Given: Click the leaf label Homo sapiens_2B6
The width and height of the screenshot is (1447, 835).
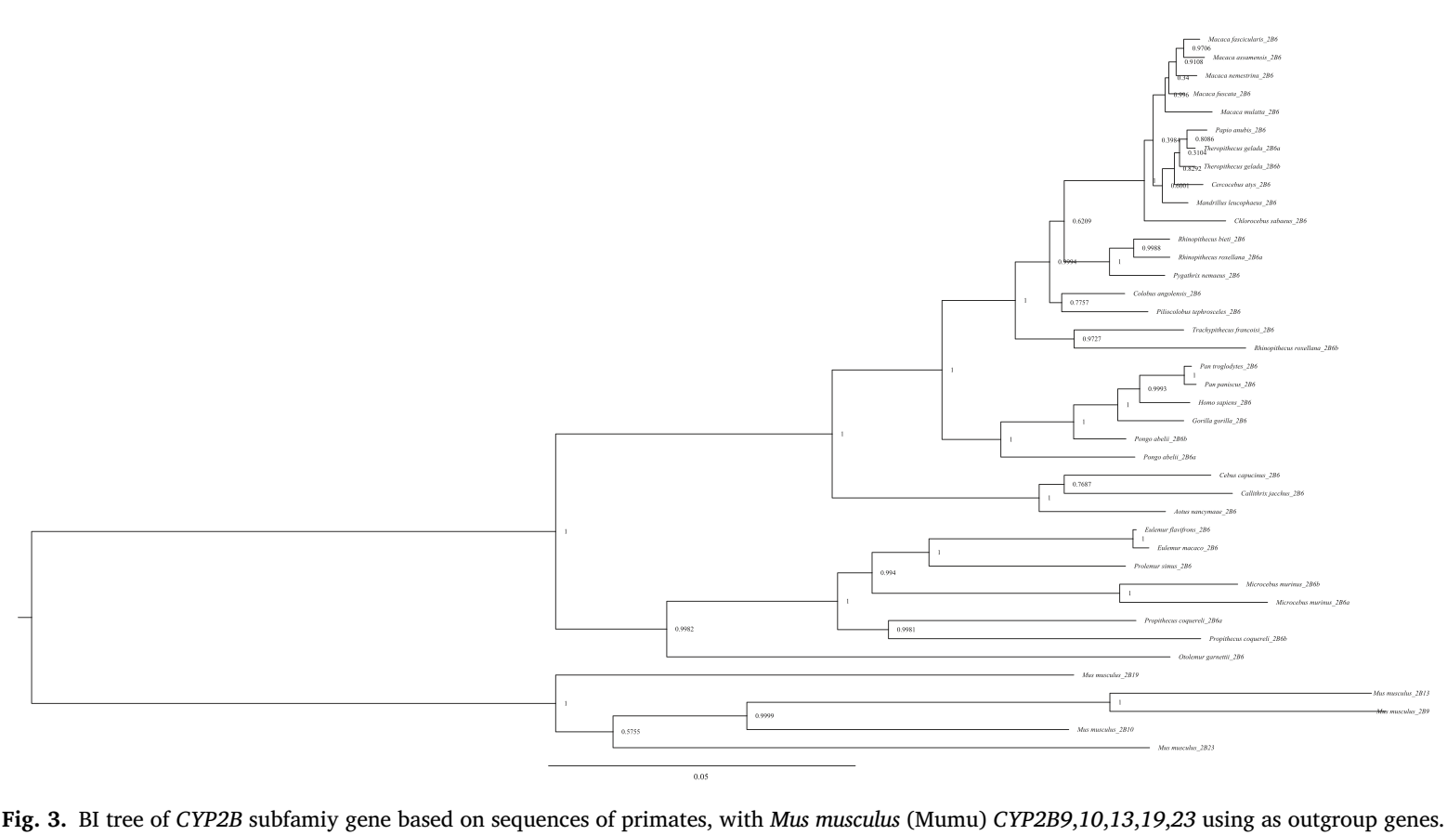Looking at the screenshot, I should (1224, 403).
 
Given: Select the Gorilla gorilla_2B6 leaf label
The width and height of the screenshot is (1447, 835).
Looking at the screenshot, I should (1219, 421).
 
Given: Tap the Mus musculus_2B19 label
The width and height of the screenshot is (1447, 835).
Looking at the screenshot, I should (1103, 675).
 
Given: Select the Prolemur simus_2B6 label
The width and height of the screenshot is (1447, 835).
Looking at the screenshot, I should (1162, 566).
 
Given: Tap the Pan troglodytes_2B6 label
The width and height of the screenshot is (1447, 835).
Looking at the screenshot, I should (1228, 366).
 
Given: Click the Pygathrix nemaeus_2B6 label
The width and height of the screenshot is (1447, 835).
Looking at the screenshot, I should (1206, 276).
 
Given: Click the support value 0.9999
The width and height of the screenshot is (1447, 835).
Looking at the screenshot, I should (764, 715).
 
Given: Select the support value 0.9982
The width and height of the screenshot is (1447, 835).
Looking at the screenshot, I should (684, 630).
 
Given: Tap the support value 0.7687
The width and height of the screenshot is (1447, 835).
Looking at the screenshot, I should (1082, 485).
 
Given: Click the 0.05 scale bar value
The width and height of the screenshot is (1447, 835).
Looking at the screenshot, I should (700, 776).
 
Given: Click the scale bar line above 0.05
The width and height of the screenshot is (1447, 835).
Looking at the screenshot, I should (701, 765).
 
